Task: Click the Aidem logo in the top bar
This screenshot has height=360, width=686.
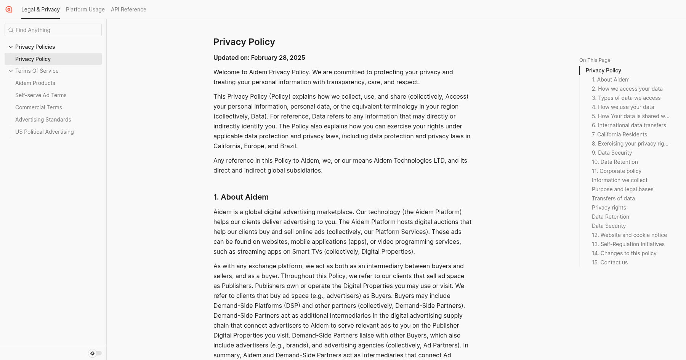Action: pyautogui.click(x=9, y=10)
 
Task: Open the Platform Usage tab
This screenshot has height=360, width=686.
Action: pyautogui.click(x=85, y=10)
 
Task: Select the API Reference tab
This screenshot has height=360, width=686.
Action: pyautogui.click(x=128, y=10)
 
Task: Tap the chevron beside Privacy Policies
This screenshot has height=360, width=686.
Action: pyautogui.click(x=11, y=47)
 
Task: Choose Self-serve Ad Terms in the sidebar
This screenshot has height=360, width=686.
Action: pyautogui.click(x=41, y=95)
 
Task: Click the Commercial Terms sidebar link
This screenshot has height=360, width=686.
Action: pyautogui.click(x=38, y=107)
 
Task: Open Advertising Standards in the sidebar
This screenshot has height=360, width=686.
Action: pyautogui.click(x=43, y=120)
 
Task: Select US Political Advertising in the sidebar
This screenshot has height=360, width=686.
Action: pyautogui.click(x=45, y=132)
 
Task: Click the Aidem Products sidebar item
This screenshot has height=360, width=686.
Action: pyautogui.click(x=35, y=83)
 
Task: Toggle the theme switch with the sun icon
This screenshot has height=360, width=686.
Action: pyautogui.click(x=95, y=353)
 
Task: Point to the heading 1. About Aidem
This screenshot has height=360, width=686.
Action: pyautogui.click(x=241, y=197)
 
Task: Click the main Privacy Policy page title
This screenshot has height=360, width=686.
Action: pyautogui.click(x=244, y=42)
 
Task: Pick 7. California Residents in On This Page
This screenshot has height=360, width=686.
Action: pyautogui.click(x=619, y=134)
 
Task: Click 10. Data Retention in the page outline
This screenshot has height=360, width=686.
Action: pyautogui.click(x=615, y=162)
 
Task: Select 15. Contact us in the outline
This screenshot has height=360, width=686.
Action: pyautogui.click(x=609, y=262)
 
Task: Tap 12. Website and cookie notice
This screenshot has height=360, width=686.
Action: pyautogui.click(x=629, y=235)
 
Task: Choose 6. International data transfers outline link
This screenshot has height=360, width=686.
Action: pyautogui.click(x=629, y=125)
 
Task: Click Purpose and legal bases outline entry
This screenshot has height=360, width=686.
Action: pyautogui.click(x=622, y=189)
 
